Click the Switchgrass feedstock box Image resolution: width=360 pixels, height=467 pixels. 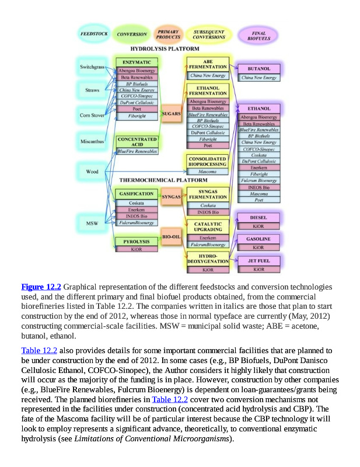pyautogui.click(x=92, y=67)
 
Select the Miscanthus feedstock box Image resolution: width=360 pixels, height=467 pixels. pyautogui.click(x=92, y=140)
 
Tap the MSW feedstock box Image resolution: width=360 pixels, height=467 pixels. pyautogui.click(x=92, y=222)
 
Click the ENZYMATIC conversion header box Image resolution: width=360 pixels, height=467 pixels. pyautogui.click(x=137, y=62)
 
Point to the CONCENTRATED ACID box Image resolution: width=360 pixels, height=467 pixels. pyautogui.click(x=137, y=142)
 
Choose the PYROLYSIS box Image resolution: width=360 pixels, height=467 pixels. pyautogui.click(x=136, y=241)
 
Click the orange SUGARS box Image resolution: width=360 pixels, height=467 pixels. pyautogui.click(x=172, y=113)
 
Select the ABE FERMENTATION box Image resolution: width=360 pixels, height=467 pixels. pyautogui.click(x=208, y=64)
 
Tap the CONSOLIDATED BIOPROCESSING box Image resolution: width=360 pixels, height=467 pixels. pyautogui.click(x=208, y=161)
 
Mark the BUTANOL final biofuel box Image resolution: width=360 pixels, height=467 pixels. pyautogui.click(x=259, y=69)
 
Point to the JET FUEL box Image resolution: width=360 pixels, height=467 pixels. pyautogui.click(x=259, y=261)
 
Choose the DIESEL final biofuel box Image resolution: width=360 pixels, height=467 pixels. pyautogui.click(x=259, y=217)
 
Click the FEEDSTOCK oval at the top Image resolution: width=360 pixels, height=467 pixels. pyautogui.click(x=93, y=34)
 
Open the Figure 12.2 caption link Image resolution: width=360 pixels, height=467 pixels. pyautogui.click(x=41, y=287)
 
